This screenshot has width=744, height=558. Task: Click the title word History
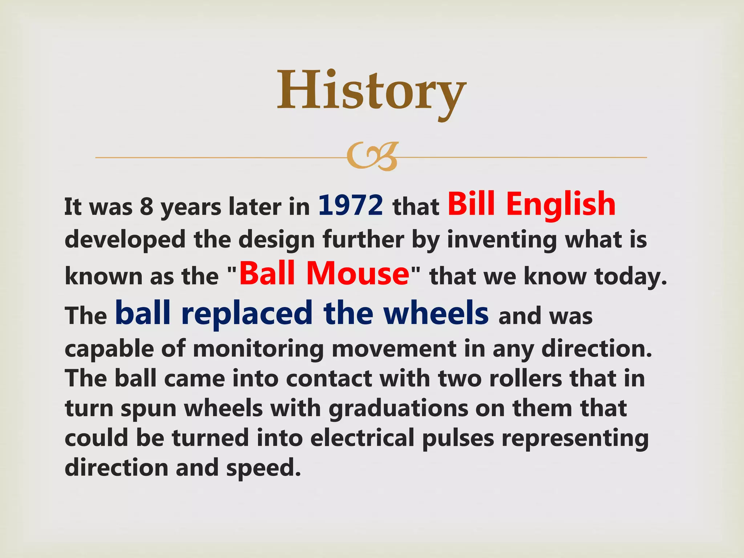point(371,91)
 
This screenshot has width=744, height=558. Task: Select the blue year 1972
point(351,206)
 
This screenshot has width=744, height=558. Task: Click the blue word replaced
point(247,314)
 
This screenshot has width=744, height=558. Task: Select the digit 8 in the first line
point(146,207)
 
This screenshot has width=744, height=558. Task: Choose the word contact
point(329,379)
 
